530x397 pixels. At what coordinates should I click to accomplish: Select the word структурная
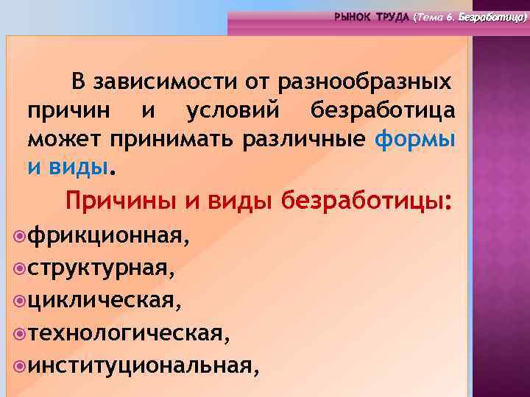coord(102,269)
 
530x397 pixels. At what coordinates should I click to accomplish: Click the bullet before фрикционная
coord(19,237)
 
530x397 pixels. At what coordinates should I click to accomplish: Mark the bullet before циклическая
coord(19,301)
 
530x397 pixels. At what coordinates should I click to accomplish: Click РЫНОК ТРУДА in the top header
coord(372,16)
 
